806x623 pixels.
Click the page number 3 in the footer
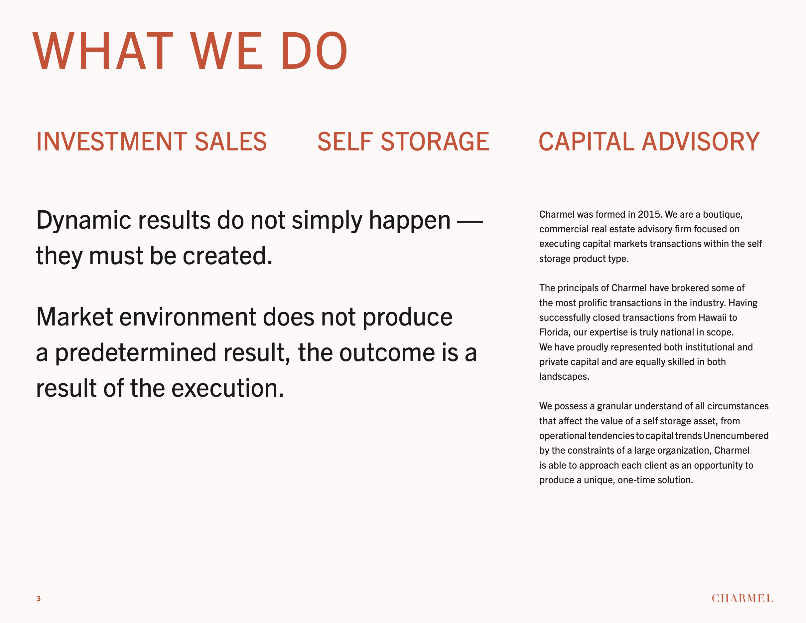tap(38, 598)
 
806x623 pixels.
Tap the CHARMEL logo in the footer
tap(742, 598)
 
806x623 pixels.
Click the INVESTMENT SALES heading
tap(151, 141)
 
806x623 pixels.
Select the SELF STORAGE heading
tap(403, 141)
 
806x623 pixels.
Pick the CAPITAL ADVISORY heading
tap(649, 141)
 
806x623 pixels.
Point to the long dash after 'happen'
tap(470, 222)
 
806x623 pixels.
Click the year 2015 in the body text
tap(649, 215)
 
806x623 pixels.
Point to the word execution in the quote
tap(228, 388)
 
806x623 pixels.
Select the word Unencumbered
tap(736, 436)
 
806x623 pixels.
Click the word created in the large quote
tap(227, 256)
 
